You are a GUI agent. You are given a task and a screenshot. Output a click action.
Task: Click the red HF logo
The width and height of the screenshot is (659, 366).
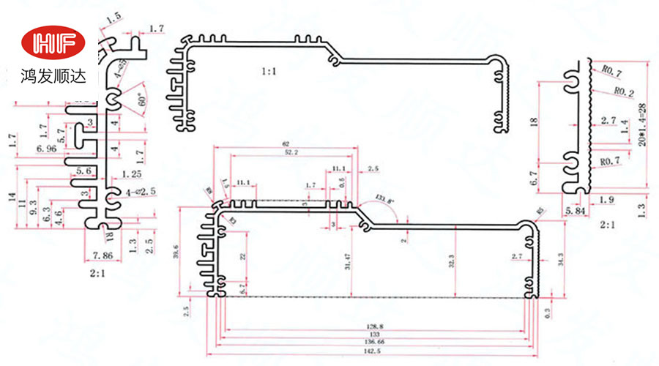50,44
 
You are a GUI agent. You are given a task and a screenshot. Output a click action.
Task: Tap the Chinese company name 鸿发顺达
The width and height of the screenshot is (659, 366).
50,75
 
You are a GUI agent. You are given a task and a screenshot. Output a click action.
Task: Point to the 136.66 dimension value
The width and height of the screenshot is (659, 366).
374,341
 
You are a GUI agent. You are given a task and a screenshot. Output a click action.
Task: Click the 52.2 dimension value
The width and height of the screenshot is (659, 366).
291,152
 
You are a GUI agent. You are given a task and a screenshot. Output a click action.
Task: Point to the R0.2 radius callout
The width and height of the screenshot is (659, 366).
623,92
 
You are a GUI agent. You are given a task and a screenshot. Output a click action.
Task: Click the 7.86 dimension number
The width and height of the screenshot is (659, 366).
103,255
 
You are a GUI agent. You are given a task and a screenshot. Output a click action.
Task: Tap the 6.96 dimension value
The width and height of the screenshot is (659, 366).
46,149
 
